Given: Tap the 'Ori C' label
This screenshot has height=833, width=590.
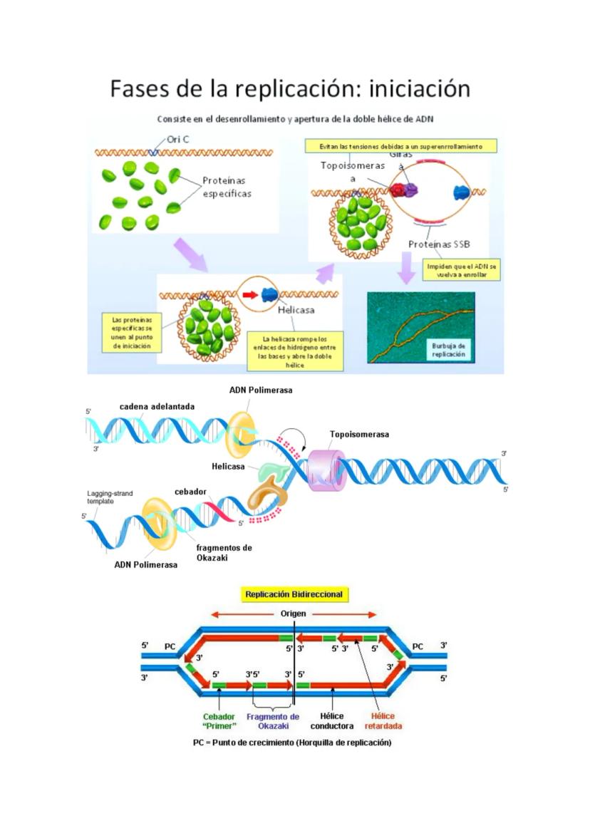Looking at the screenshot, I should coord(177,140).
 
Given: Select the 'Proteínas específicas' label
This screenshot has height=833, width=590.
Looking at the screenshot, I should coord(226,187).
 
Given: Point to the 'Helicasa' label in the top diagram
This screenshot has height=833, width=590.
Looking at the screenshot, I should coord(296,310).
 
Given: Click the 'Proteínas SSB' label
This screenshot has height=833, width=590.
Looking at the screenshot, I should coord(439,244).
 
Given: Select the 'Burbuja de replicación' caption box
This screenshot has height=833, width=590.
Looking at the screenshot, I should coord(448,348).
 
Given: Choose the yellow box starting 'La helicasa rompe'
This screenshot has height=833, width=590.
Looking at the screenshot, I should coord(295,351).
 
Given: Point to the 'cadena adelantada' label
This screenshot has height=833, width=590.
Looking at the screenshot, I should coord(157,406).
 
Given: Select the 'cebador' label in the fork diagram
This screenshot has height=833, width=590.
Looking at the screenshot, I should coord(190,492).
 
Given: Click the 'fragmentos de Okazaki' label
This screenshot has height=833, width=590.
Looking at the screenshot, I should coord(224,552).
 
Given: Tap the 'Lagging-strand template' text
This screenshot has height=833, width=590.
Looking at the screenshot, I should coord(105,497).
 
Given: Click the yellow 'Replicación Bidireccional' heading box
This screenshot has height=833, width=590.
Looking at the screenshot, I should coord(294,594).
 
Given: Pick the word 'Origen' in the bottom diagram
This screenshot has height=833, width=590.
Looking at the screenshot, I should coord(294,614).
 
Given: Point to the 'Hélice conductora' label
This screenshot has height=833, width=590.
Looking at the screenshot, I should coord(332,721).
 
